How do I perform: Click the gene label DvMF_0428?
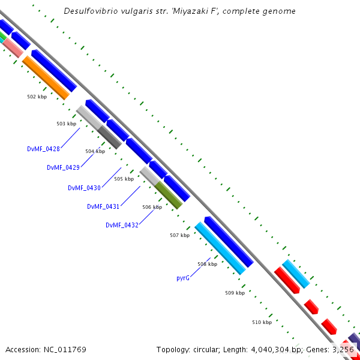tap(44, 148)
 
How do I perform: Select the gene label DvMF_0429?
tap(64, 167)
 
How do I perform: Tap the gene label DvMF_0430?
tap(84, 188)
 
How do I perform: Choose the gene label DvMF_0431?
tap(103, 206)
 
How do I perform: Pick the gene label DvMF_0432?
tap(122, 225)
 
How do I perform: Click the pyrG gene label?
tap(183, 278)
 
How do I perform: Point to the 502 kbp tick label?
tap(37, 97)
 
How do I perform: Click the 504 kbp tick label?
tap(95, 151)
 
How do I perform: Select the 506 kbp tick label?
tap(152, 207)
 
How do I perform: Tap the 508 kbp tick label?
tap(208, 264)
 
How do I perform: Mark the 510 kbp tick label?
tap(262, 322)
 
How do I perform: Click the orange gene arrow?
tap(46, 77)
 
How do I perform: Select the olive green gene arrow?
tap(169, 196)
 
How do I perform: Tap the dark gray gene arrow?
tap(110, 137)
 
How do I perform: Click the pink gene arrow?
tap(13, 47)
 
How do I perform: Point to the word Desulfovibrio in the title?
tap(92, 11)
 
